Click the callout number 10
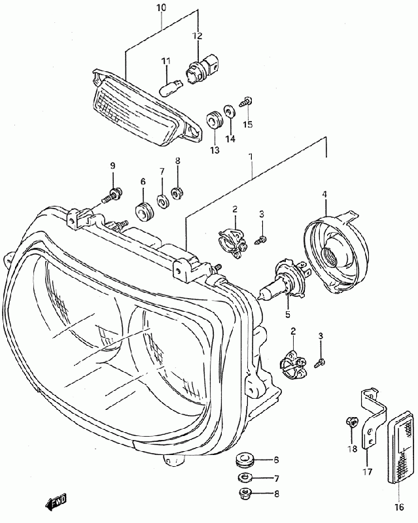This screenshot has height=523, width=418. (x=162, y=7)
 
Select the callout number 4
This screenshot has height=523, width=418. (x=323, y=194)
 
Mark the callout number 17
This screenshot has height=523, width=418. (x=367, y=471)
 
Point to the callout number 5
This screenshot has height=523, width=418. (x=287, y=314)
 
